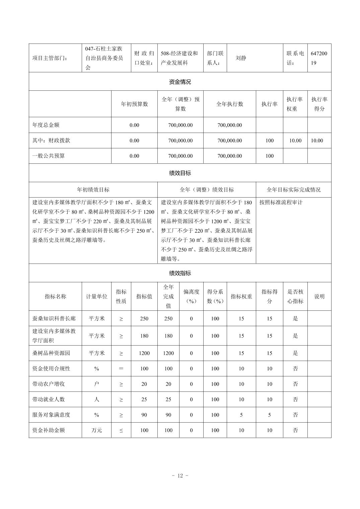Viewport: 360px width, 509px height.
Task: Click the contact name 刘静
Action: pos(241,58)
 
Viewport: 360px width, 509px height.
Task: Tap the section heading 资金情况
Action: pos(180,82)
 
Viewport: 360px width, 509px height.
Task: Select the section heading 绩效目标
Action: pos(180,173)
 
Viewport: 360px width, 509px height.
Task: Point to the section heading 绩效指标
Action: pos(180,273)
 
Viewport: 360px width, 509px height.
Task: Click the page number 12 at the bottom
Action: pos(180,476)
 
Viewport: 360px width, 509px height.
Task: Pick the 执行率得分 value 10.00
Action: pos(317,141)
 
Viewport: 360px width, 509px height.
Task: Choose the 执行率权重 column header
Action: pos(295,104)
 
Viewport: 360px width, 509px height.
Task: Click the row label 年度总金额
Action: pos(46,125)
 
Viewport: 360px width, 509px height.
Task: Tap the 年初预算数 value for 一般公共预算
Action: pos(134,156)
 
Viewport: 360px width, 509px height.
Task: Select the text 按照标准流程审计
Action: pos(281,202)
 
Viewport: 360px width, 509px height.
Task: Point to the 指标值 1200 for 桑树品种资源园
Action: pos(144,353)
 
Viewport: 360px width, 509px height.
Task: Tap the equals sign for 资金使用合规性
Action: pos(121,369)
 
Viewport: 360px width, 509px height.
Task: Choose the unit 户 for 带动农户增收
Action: pos(96,384)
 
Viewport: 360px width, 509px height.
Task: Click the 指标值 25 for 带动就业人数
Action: pos(144,399)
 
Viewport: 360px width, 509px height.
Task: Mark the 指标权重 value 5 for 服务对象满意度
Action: pos(241,415)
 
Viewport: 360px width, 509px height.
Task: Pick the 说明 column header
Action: pos(319,296)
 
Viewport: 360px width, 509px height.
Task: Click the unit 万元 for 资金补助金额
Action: pos(96,430)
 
